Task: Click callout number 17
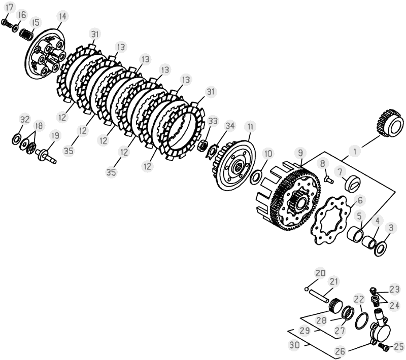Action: [9, 7]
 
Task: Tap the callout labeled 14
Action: [62, 16]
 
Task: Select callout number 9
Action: [300, 153]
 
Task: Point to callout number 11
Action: [250, 127]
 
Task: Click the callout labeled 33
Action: [213, 121]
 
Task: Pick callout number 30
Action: [294, 345]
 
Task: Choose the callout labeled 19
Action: [55, 135]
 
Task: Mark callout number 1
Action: [355, 151]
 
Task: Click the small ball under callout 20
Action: [307, 289]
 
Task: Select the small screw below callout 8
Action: [329, 179]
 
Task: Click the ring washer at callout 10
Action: [256, 177]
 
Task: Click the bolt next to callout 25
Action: [384, 346]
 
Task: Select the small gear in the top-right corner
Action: [389, 123]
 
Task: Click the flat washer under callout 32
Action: [16, 138]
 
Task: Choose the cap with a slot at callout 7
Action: [352, 184]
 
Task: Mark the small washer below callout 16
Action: [15, 28]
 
